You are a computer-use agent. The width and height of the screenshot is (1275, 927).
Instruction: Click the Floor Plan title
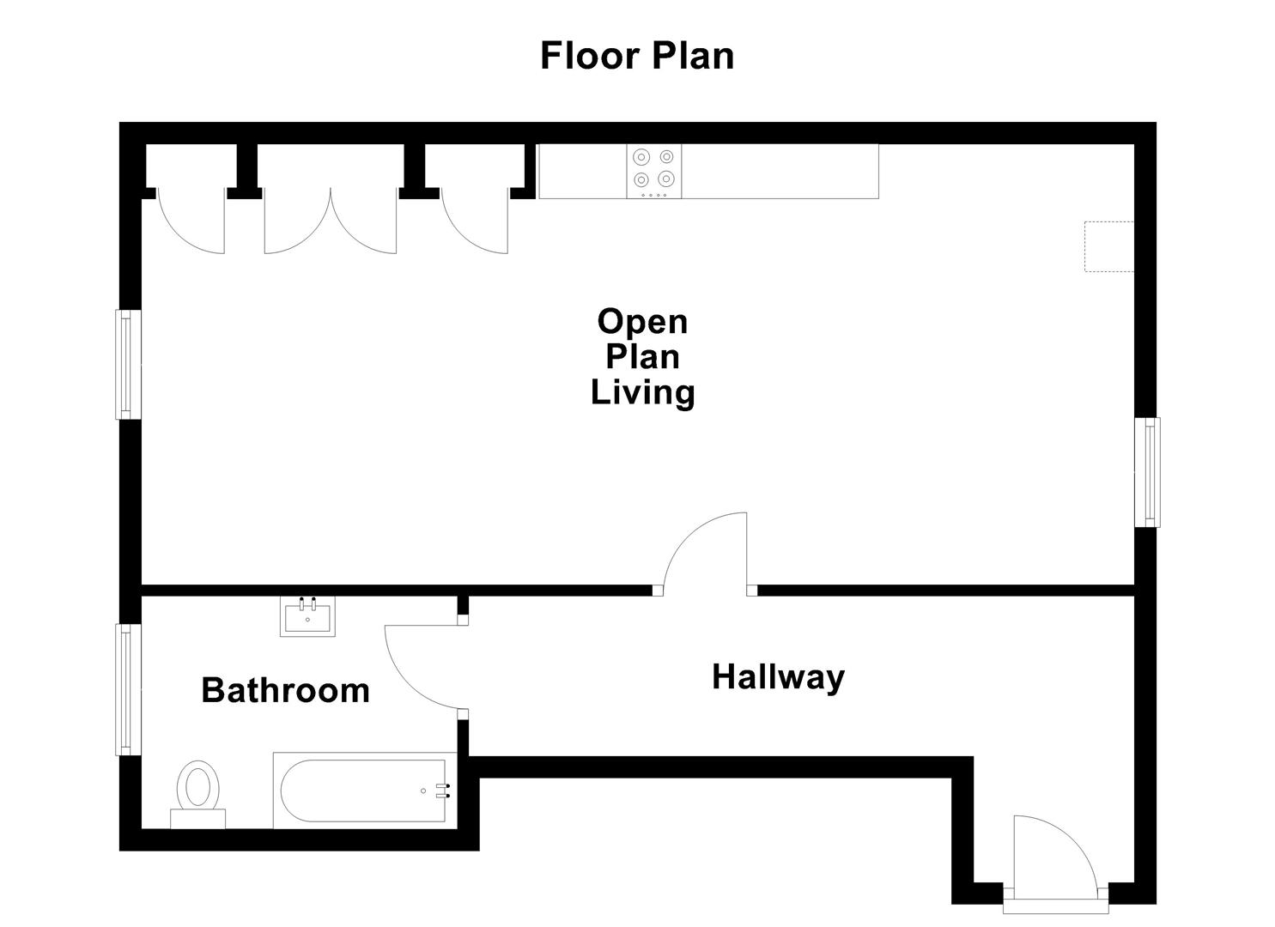pos(637,57)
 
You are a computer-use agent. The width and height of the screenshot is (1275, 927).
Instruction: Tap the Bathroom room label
pos(286,690)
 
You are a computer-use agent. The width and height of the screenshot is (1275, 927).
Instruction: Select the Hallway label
pos(778,678)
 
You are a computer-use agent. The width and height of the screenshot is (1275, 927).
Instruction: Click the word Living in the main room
pos(642,393)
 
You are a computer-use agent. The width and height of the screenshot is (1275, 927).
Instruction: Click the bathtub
pos(365,791)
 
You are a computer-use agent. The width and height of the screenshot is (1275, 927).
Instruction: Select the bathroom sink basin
pos(307,616)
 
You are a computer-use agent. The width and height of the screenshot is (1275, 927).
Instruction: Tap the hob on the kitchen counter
pos(654,172)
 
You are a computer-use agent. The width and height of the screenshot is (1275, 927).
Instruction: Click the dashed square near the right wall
pos(1108,246)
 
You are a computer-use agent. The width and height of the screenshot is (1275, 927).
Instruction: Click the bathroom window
pos(129,690)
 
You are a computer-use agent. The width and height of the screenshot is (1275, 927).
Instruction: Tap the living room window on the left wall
pos(129,364)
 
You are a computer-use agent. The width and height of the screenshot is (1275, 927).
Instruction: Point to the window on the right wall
pos(1147,472)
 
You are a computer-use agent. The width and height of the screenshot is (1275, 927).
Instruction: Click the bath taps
pos(443,791)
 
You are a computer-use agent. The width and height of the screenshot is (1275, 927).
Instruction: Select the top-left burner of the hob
pos(641,156)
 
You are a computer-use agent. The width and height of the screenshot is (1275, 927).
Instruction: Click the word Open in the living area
pos(642,323)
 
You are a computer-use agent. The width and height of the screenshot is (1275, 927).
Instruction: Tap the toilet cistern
pos(198,819)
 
